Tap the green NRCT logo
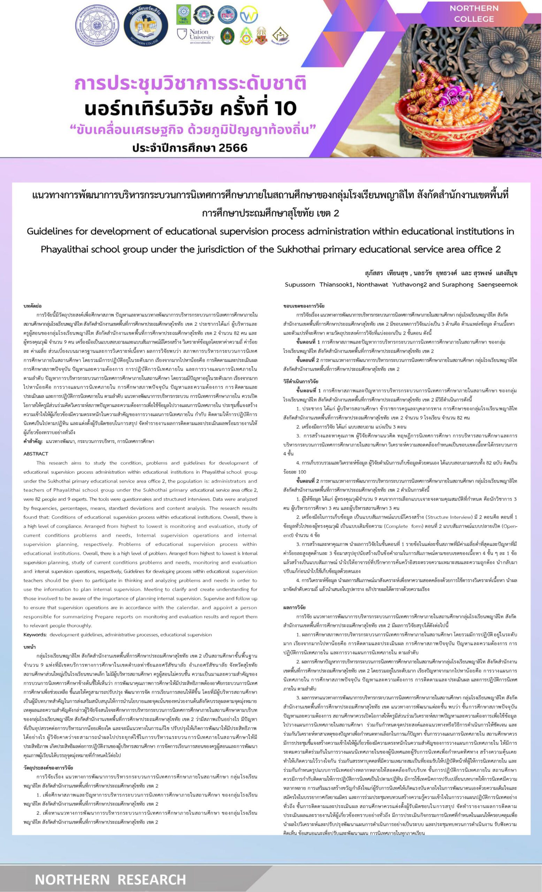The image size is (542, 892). pos(184,15)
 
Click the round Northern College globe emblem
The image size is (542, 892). pos(146,26)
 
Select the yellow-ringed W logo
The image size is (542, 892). pos(249,15)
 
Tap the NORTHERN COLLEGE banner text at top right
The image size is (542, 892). pos(474,13)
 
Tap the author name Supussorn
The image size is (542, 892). pos(300,285)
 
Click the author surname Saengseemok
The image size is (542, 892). pos(497,285)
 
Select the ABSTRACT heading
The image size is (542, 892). pos(36,454)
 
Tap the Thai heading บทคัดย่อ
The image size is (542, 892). pos(32,306)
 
